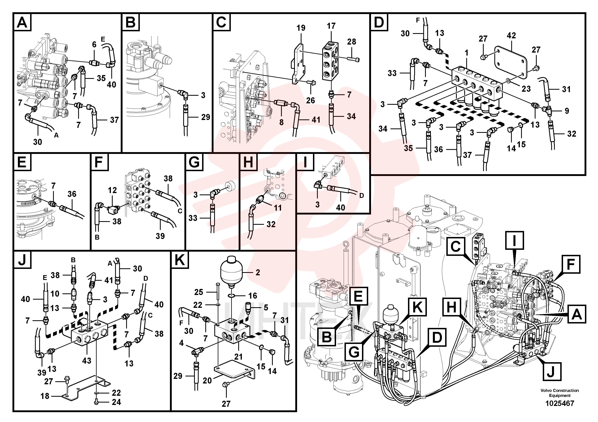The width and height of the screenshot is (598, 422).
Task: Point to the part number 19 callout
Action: coord(301,28)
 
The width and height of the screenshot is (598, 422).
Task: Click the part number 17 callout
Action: coord(331,26)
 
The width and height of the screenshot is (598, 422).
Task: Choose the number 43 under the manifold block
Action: coord(87,361)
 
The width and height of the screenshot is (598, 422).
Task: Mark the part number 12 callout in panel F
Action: coord(112,190)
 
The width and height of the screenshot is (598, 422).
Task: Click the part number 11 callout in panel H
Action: coord(278,208)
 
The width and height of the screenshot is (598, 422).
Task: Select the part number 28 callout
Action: coord(351,42)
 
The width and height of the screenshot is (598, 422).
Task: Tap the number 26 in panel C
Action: coord(311,100)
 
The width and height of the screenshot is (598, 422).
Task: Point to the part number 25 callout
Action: coord(198,292)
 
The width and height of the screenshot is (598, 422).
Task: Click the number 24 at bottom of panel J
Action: coord(116,402)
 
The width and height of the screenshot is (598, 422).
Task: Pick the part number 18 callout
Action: coord(45,396)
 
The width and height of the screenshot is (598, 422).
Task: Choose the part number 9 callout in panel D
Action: coord(567,111)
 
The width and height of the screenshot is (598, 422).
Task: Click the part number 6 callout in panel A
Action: coord(94,45)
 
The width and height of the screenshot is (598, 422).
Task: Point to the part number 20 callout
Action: coord(207,381)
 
